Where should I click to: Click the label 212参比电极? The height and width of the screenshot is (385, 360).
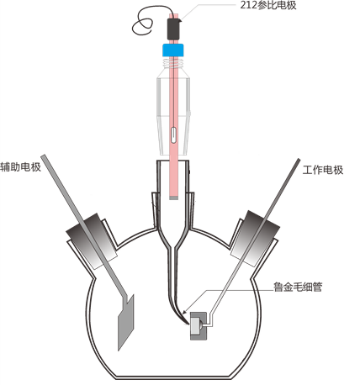[267, 5]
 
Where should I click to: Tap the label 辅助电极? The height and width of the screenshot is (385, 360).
[20, 167]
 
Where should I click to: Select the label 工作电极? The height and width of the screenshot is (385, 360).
[323, 170]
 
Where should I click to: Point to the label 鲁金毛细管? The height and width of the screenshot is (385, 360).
[298, 287]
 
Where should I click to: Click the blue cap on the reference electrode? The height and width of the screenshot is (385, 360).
[173, 50]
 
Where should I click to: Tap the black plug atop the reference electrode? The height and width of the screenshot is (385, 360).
[173, 29]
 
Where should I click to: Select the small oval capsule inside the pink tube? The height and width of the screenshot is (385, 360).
[174, 135]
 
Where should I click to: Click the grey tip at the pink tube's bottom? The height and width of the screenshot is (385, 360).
[174, 198]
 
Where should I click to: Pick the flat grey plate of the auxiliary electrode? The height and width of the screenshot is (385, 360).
[126, 322]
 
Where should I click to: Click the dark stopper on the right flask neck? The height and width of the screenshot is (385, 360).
[255, 238]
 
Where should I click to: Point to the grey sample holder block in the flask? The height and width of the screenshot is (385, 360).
[199, 326]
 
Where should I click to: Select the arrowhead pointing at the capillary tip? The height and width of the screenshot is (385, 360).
[184, 312]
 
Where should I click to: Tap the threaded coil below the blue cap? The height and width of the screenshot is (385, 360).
[173, 63]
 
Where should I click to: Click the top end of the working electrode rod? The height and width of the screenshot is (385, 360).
[299, 160]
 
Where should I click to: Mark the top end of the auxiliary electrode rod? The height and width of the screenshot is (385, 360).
[43, 156]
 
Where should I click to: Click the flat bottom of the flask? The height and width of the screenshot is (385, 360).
[174, 377]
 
